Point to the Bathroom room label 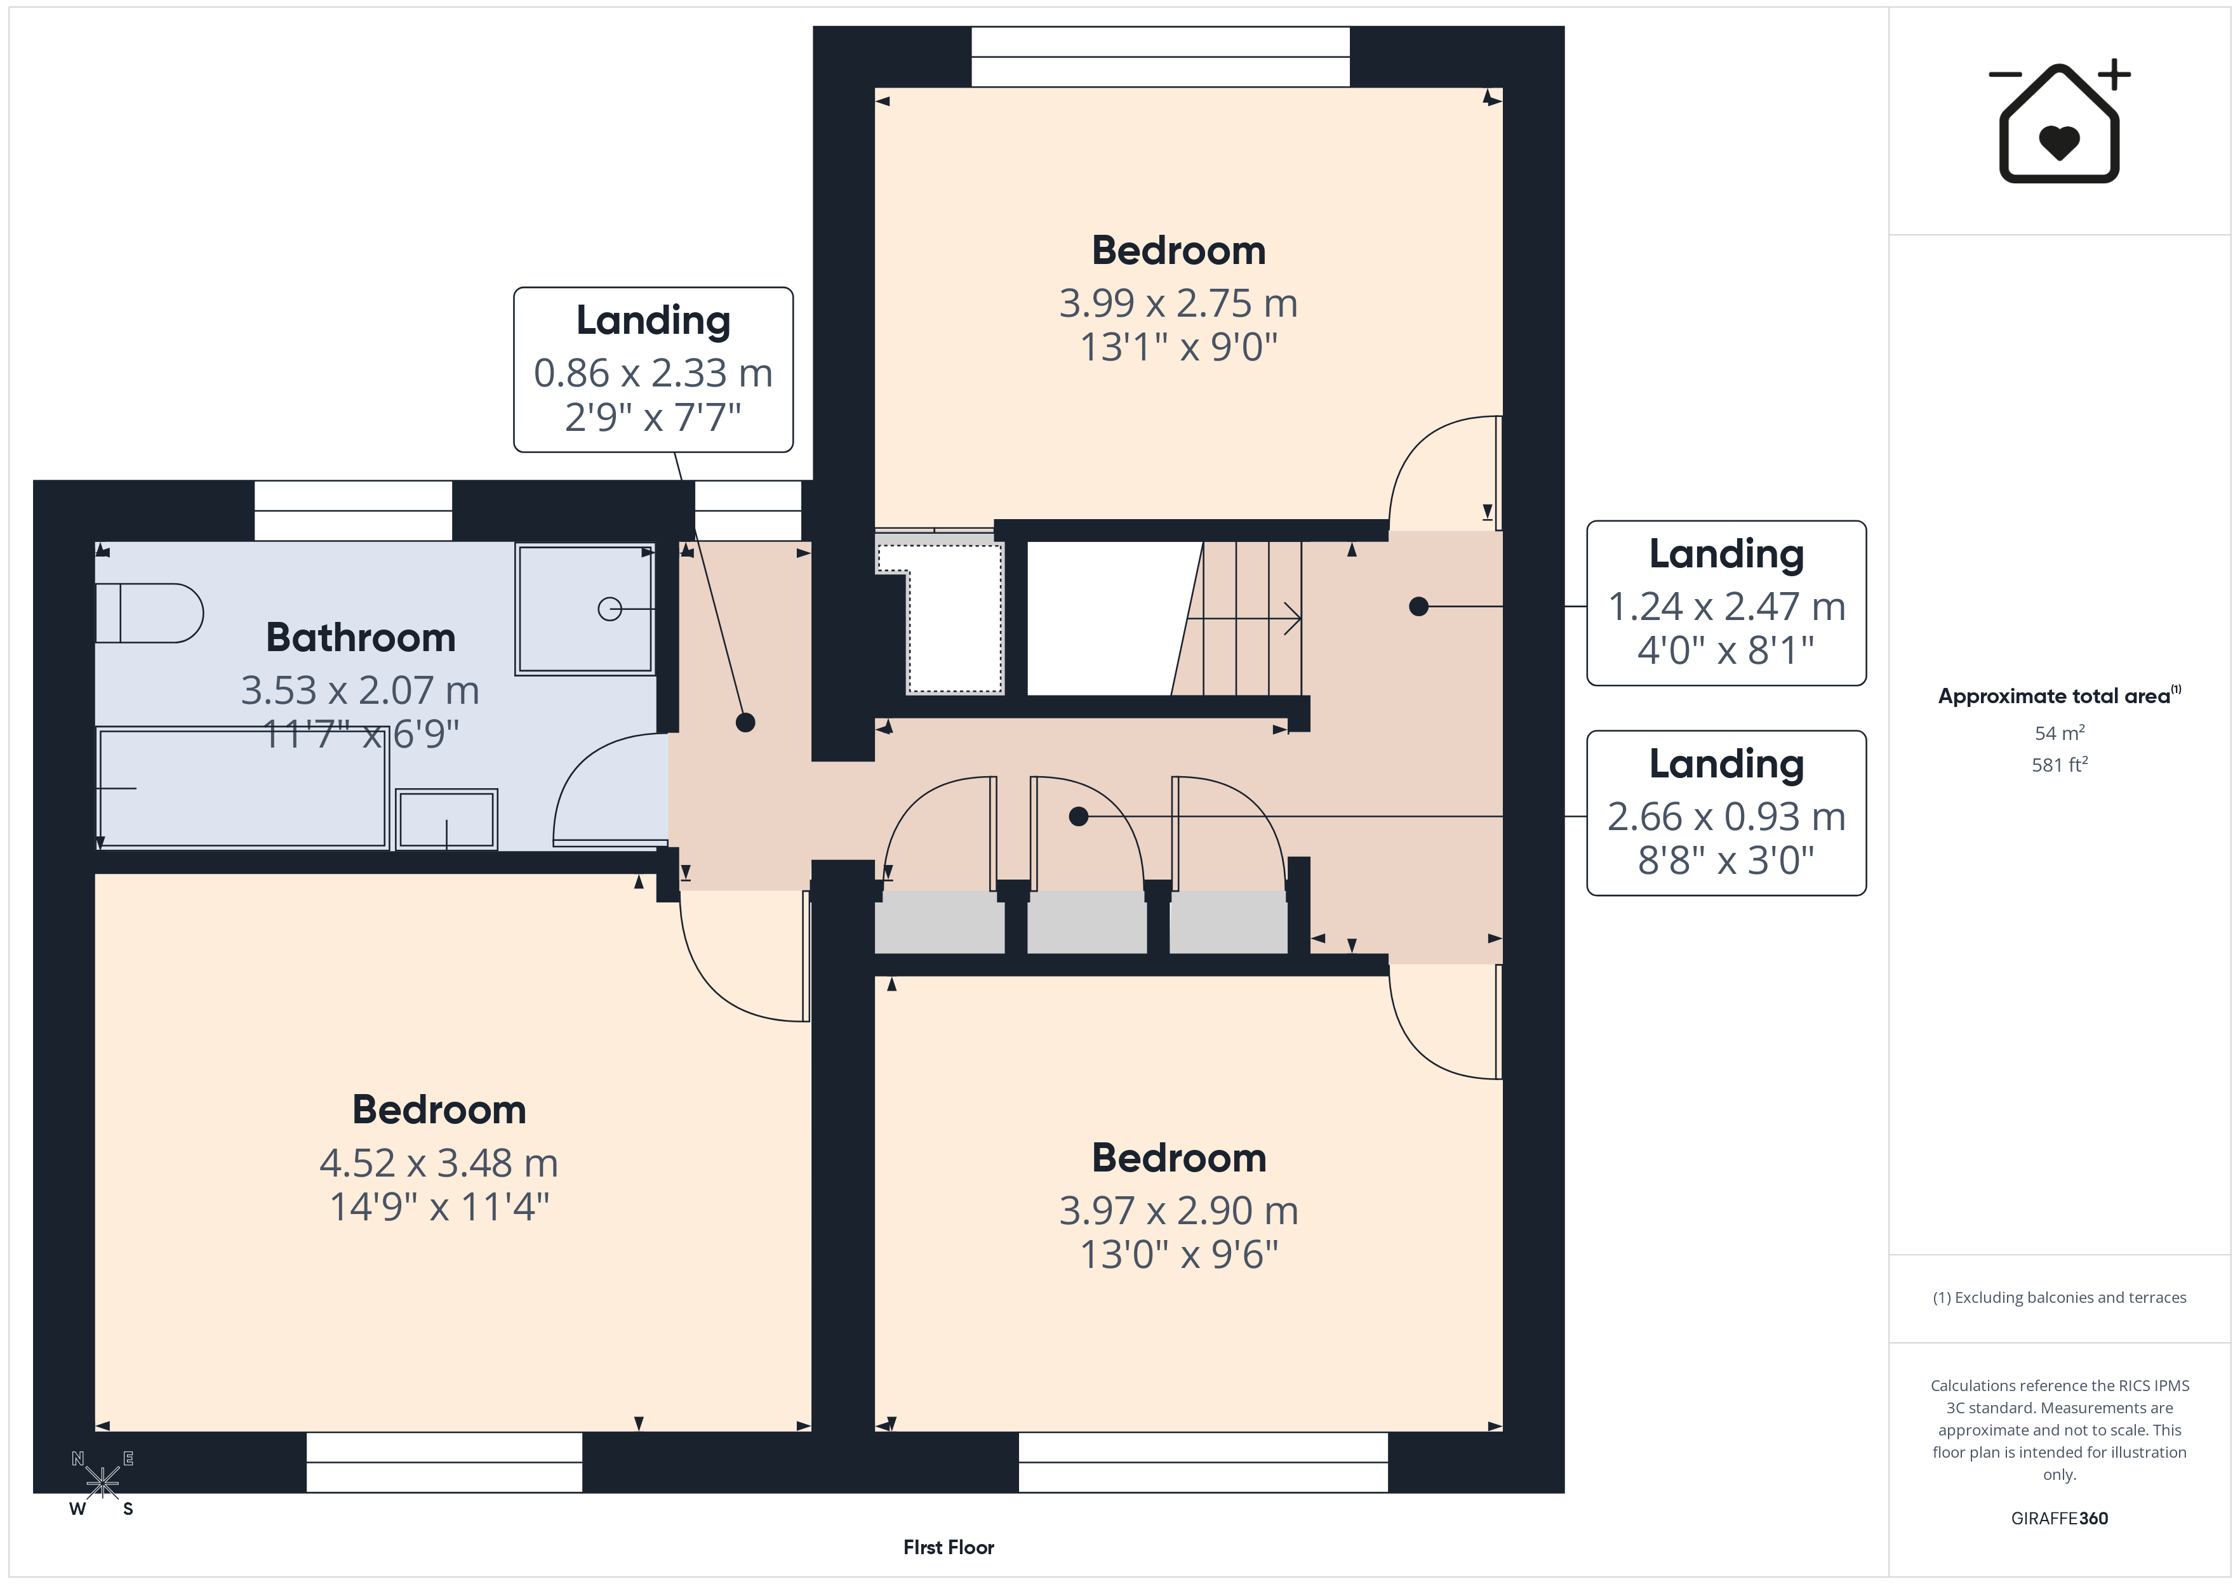(361, 638)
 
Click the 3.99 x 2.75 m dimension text (1178, 303)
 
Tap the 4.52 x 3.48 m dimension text (439, 1163)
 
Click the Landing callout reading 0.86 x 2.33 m (654, 370)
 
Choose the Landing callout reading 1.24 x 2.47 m (1727, 603)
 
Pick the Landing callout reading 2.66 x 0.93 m (1727, 812)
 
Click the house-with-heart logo (2060, 121)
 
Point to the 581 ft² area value (2060, 765)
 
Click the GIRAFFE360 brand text (2060, 1519)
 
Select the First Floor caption (949, 1548)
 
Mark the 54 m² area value (2060, 732)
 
